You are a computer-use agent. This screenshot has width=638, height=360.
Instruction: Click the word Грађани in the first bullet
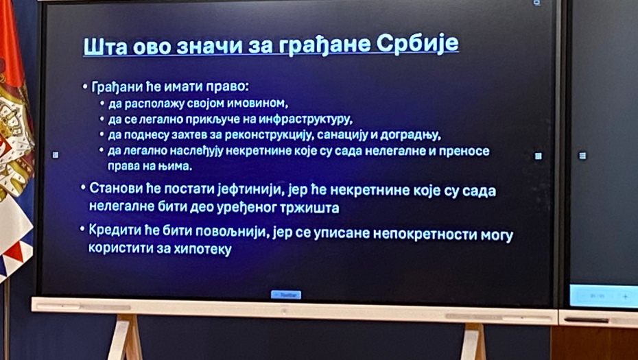tap(115, 87)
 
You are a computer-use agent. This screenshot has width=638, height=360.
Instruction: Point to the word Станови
tap(115, 189)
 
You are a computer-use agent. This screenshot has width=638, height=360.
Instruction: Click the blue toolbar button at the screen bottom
tap(286, 295)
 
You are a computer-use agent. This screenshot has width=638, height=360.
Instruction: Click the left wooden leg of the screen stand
tap(126, 337)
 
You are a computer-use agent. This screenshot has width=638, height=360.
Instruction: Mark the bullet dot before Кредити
tap(82, 228)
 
